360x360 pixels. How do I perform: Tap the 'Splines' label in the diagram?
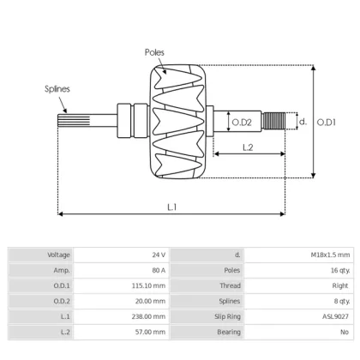pyautogui.click(x=57, y=88)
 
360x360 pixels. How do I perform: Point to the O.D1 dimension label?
pyautogui.click(x=327, y=123)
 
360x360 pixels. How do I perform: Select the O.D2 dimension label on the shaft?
pyautogui.click(x=242, y=123)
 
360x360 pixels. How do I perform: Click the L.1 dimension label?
pyautogui.click(x=172, y=207)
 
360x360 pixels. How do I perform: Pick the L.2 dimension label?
pyautogui.click(x=247, y=147)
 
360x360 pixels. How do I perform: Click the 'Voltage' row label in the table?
pyautogui.click(x=59, y=255)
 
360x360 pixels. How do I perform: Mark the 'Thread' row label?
pyautogui.click(x=230, y=285)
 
